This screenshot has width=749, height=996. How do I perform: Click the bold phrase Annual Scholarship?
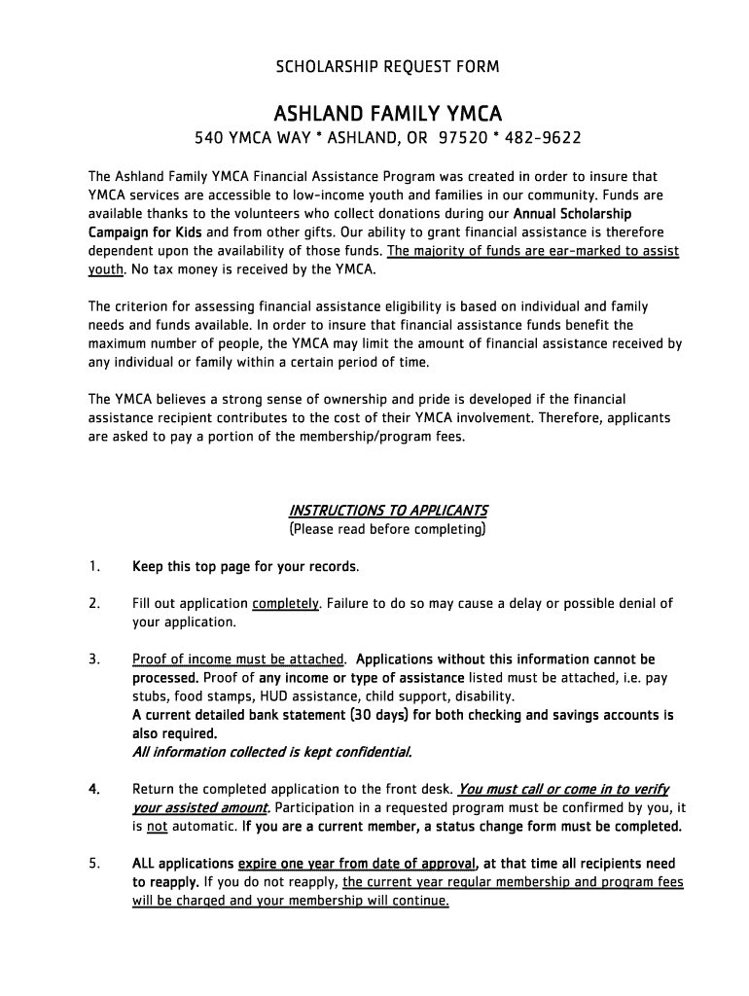(x=572, y=214)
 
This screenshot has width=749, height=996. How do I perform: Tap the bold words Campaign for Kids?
(x=145, y=232)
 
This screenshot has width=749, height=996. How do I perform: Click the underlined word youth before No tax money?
(x=106, y=269)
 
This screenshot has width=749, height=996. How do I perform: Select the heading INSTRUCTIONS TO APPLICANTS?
(x=388, y=511)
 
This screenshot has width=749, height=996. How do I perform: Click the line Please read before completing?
(x=387, y=529)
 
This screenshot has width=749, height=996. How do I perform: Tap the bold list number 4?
(x=94, y=789)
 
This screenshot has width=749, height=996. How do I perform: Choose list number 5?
(x=94, y=864)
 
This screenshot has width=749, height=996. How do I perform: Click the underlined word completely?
(x=285, y=604)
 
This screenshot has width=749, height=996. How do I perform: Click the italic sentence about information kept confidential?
(x=271, y=752)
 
